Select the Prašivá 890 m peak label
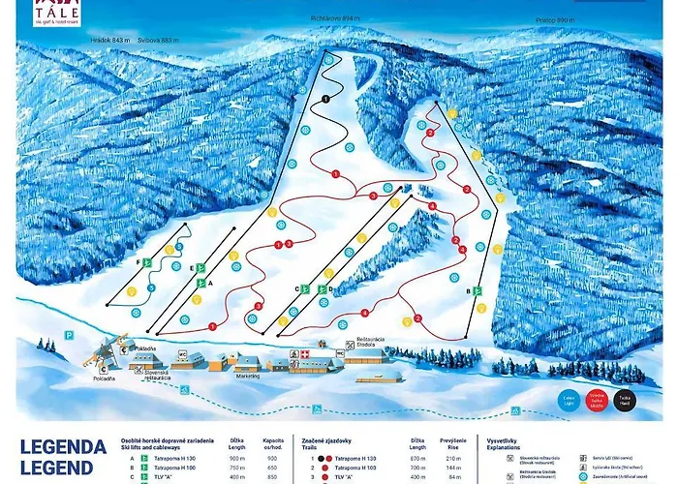[x=555, y=19]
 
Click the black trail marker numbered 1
[x=326, y=99]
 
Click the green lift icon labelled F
[x=147, y=262]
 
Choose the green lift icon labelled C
[x=305, y=288]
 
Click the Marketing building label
[x=247, y=377]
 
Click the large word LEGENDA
[x=61, y=448]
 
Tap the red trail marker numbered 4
[x=364, y=314]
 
